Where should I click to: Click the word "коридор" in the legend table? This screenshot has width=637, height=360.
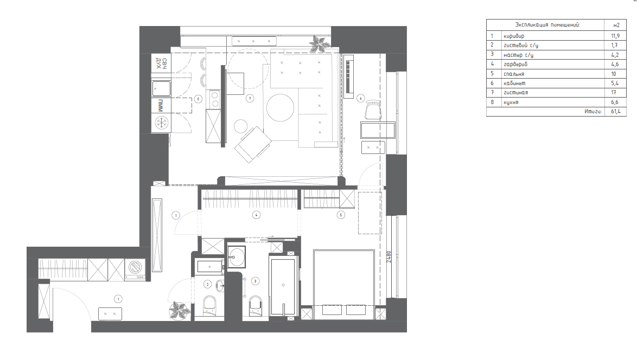tap(513, 36)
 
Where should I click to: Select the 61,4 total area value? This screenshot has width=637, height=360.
tap(616, 111)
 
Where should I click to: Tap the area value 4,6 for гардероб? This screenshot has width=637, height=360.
tap(615, 64)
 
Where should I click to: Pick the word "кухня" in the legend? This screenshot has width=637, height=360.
tap(511, 102)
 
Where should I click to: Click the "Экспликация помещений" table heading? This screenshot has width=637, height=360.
tap(547, 25)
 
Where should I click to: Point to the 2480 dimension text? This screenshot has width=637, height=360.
tap(388, 256)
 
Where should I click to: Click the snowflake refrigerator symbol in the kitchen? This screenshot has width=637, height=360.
tap(162, 123)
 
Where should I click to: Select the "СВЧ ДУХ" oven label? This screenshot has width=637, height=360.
tap(161, 63)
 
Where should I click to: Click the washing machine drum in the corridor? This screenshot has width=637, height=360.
tap(135, 267)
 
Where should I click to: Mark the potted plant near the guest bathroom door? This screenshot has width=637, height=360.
tap(179, 311)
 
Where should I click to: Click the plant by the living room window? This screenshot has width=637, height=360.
tap(319, 43)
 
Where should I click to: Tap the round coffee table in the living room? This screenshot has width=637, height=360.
tap(281, 107)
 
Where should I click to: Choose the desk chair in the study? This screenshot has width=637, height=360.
tap(373, 111)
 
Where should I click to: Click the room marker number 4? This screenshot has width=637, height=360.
tap(256, 215)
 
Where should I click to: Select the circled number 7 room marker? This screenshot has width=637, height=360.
tap(250, 98)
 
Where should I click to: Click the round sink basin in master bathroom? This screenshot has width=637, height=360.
tap(236, 256)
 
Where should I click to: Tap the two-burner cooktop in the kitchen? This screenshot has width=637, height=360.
tap(214, 99)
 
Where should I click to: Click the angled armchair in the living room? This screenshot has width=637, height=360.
tap(253, 144)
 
